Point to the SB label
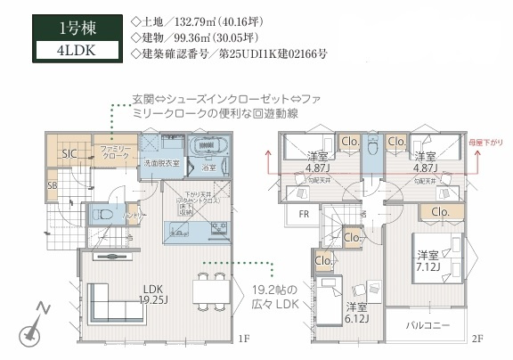tap(52, 185)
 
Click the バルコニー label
tap(426, 325)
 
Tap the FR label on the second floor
tap(303, 213)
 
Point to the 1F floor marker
tap(243, 339)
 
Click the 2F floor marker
tap(477, 339)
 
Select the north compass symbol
tap(33, 325)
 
